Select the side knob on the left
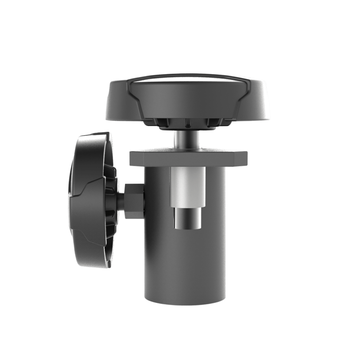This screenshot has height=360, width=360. [x=92, y=189]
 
